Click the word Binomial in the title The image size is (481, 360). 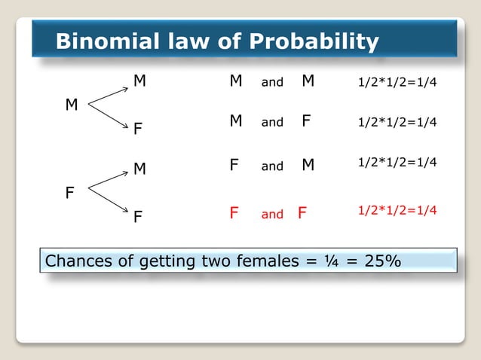[x=101, y=41]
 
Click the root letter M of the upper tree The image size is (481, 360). [x=72, y=105]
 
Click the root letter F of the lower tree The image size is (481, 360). [x=69, y=194]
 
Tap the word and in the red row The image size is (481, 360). [x=272, y=215]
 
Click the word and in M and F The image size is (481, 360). [x=272, y=122]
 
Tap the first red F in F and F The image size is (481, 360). [x=234, y=214]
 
